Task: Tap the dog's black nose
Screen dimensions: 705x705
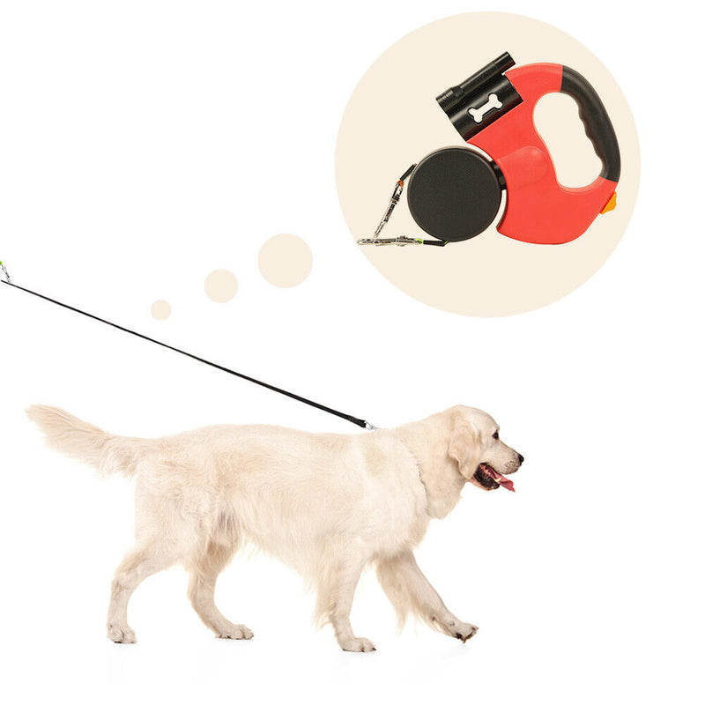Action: pyautogui.click(x=519, y=457)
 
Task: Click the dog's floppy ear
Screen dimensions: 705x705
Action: pyautogui.click(x=464, y=445)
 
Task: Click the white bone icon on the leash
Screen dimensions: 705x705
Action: pyautogui.click(x=484, y=108)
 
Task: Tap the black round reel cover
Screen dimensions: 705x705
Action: pyautogui.click(x=454, y=195)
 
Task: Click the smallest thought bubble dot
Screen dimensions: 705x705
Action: pyautogui.click(x=160, y=309)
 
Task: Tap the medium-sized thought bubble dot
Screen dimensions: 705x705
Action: pyautogui.click(x=221, y=286)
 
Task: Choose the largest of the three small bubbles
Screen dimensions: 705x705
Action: pyautogui.click(x=285, y=261)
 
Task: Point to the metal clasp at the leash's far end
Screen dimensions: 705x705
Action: pyautogui.click(x=4, y=271)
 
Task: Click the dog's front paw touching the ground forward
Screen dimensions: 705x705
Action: pyautogui.click(x=464, y=630)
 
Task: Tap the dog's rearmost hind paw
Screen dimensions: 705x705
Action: pyautogui.click(x=122, y=634)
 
